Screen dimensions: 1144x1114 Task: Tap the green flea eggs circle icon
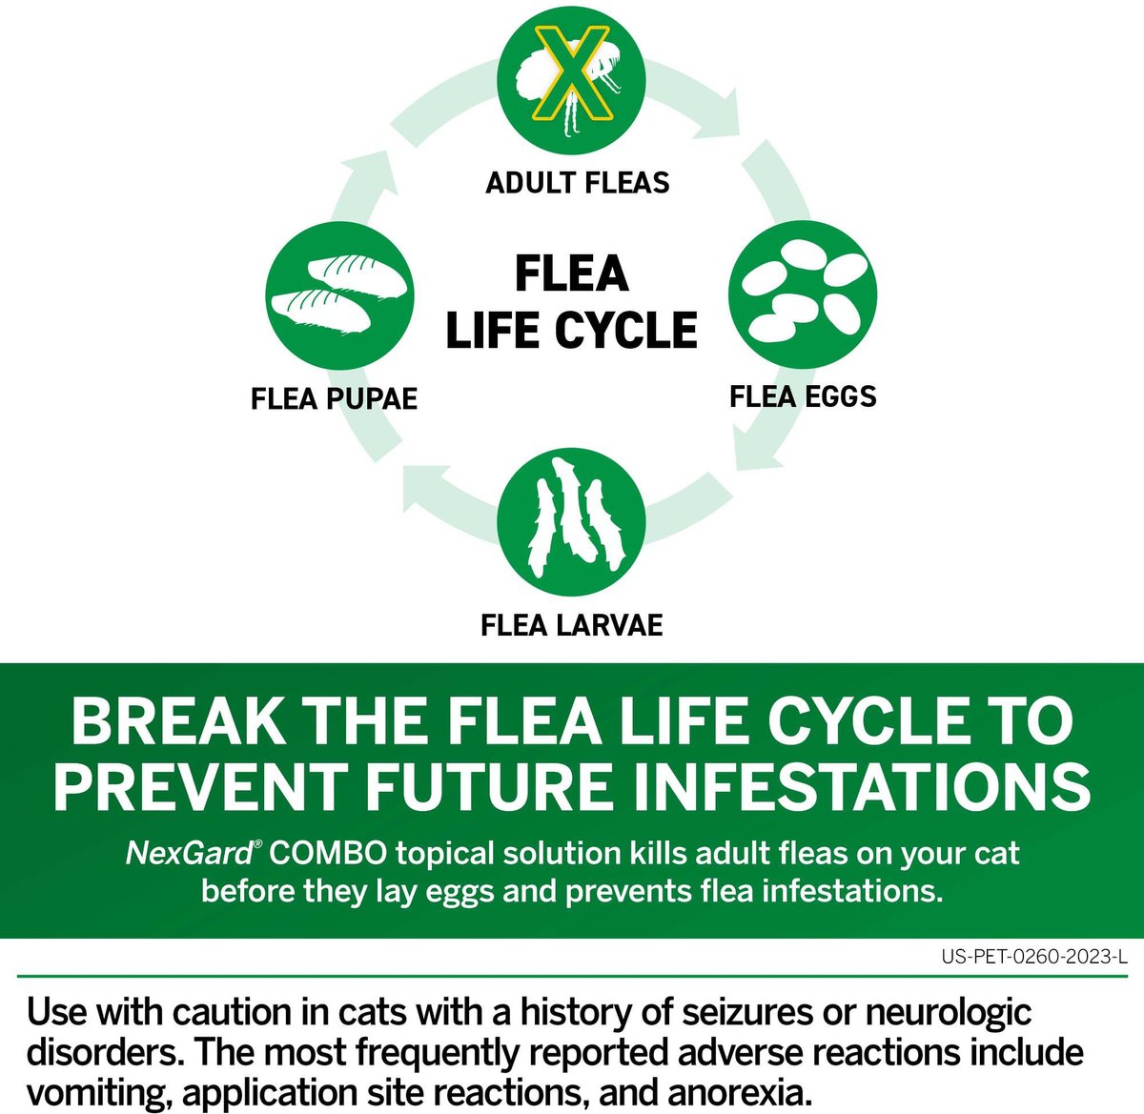pos(803,295)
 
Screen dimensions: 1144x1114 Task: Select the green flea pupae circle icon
pos(339,295)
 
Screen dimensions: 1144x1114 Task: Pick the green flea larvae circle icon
pos(571,522)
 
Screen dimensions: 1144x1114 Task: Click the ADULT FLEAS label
pos(578,183)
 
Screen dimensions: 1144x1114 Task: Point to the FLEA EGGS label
pos(803,396)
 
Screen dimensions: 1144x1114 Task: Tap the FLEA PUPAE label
pos(334,399)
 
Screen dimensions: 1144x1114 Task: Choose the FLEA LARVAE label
pos(571,625)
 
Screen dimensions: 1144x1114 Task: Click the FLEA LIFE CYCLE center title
pos(572,301)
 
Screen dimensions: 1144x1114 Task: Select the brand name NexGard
pos(190,854)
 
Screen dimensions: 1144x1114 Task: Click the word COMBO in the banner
pos(328,854)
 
